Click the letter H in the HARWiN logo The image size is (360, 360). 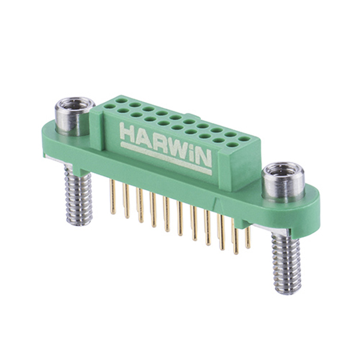pyautogui.click(x=128, y=133)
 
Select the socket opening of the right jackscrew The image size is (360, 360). pyautogui.click(x=283, y=170)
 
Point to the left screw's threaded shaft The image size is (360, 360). pyautogui.click(x=78, y=195)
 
